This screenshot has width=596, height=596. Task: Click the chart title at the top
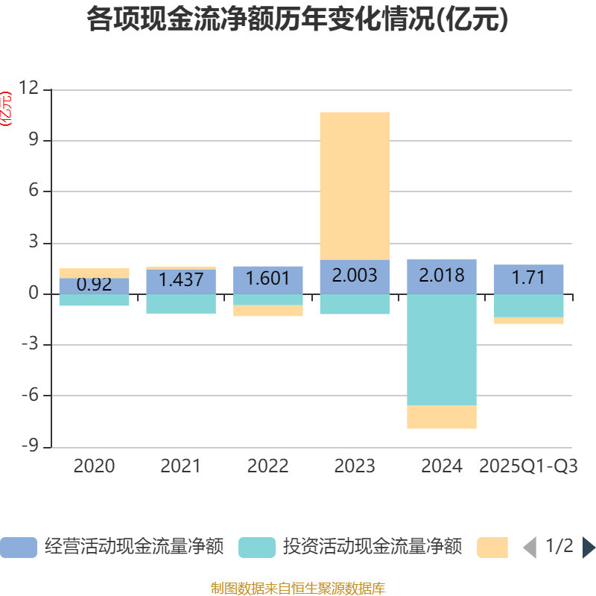(298, 20)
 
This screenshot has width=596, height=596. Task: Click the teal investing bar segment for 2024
(442, 349)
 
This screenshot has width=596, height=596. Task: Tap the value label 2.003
(355, 276)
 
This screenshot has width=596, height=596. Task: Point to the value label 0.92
(94, 285)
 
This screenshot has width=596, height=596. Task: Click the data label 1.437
(181, 279)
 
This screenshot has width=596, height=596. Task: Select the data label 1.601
(267, 279)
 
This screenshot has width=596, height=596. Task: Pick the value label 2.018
(442, 276)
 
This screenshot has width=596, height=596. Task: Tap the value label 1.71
(528, 279)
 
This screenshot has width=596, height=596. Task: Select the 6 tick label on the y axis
(33, 191)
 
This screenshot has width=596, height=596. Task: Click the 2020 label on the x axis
(94, 466)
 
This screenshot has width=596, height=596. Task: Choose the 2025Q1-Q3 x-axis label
(528, 466)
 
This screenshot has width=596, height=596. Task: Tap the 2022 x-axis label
(267, 466)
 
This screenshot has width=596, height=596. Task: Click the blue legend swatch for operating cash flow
(19, 548)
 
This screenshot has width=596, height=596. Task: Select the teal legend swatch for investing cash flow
(257, 548)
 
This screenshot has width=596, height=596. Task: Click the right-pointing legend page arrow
(589, 548)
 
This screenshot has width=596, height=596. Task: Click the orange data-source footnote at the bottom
(298, 589)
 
